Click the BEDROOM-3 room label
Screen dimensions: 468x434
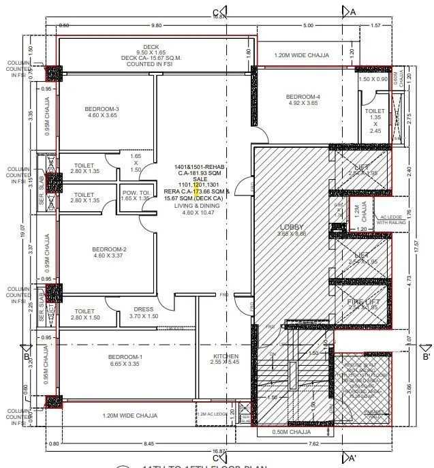tap(102, 109)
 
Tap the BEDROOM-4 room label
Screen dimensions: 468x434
tap(303, 97)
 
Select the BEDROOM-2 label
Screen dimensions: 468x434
tap(110, 249)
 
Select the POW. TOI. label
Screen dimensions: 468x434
tap(134, 193)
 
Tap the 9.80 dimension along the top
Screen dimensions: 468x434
tap(157, 25)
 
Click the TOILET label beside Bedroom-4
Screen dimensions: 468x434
tap(375, 110)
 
